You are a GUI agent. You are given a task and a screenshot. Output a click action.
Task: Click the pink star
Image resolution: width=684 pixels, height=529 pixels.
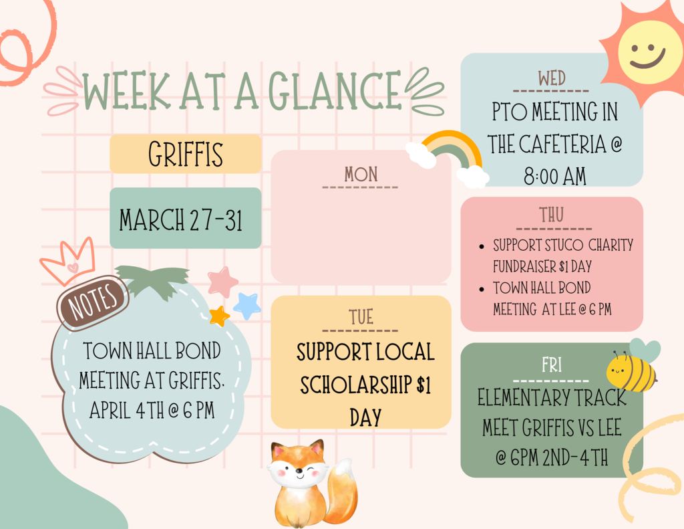click(x=222, y=282)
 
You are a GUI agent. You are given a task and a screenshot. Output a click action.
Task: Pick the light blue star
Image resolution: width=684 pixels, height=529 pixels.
click(x=247, y=306)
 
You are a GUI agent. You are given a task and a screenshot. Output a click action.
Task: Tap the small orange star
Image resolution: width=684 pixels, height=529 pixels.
click(x=219, y=316)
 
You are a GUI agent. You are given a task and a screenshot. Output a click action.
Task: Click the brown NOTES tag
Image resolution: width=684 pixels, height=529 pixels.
click(x=93, y=302)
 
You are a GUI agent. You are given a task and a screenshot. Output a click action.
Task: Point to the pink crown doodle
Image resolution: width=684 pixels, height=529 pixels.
click(x=69, y=260)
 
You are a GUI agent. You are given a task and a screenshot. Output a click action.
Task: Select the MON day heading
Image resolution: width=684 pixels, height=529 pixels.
click(x=361, y=175)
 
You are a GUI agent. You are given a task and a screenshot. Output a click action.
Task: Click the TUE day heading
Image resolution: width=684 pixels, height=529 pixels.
click(x=361, y=317)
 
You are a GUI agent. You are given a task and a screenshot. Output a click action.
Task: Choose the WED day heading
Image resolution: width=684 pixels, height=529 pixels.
click(x=551, y=79)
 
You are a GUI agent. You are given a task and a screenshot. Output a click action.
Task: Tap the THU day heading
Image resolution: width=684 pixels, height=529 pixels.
click(x=551, y=215)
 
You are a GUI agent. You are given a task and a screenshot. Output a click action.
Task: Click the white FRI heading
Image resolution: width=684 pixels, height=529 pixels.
click(x=551, y=365)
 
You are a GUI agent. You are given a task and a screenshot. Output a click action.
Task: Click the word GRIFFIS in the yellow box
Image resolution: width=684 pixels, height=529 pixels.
click(x=186, y=154)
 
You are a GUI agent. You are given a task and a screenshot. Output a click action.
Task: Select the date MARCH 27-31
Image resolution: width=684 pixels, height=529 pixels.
click(x=181, y=219)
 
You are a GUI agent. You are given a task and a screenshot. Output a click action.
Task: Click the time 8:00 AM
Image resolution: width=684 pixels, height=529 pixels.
click(x=555, y=177)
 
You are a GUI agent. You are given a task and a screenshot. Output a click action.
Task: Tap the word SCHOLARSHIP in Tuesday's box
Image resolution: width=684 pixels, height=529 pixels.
click(x=357, y=385)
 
